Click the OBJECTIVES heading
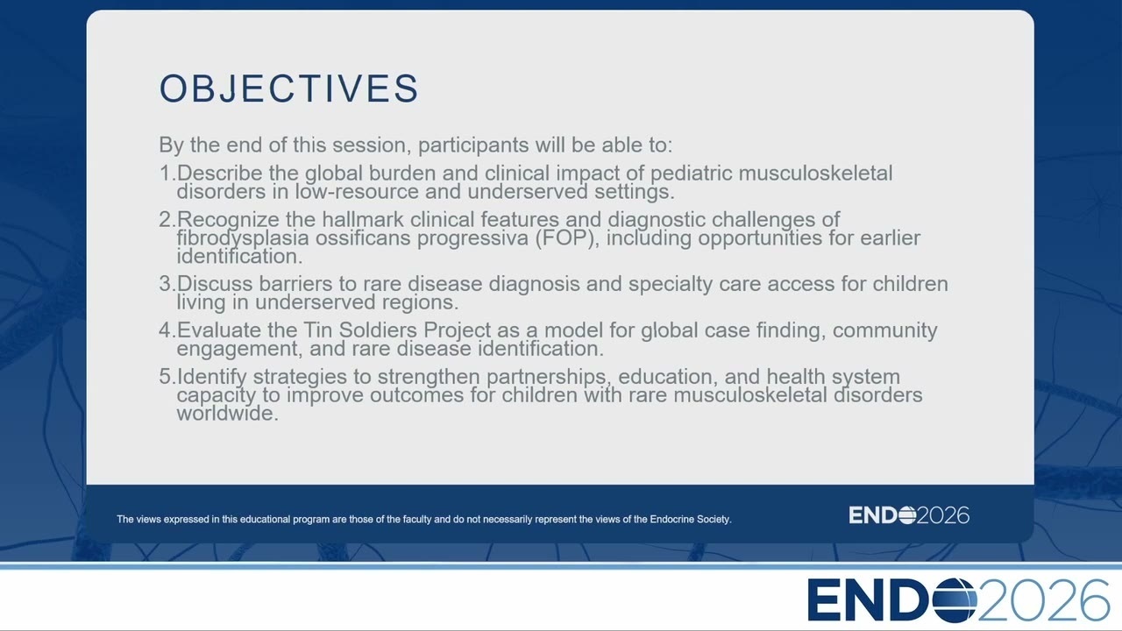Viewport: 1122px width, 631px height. [288, 89]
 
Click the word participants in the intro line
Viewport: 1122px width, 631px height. [473, 145]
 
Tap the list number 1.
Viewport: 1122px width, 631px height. [167, 174]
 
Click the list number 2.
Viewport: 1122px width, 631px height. [167, 220]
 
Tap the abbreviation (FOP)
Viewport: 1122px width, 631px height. [567, 238]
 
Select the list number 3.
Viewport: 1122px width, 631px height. [167, 284]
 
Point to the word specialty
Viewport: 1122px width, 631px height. [671, 285]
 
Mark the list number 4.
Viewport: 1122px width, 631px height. [167, 330]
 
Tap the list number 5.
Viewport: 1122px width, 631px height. [167, 377]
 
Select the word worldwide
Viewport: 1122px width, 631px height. [227, 414]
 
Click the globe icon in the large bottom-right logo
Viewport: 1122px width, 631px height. [955, 600]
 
